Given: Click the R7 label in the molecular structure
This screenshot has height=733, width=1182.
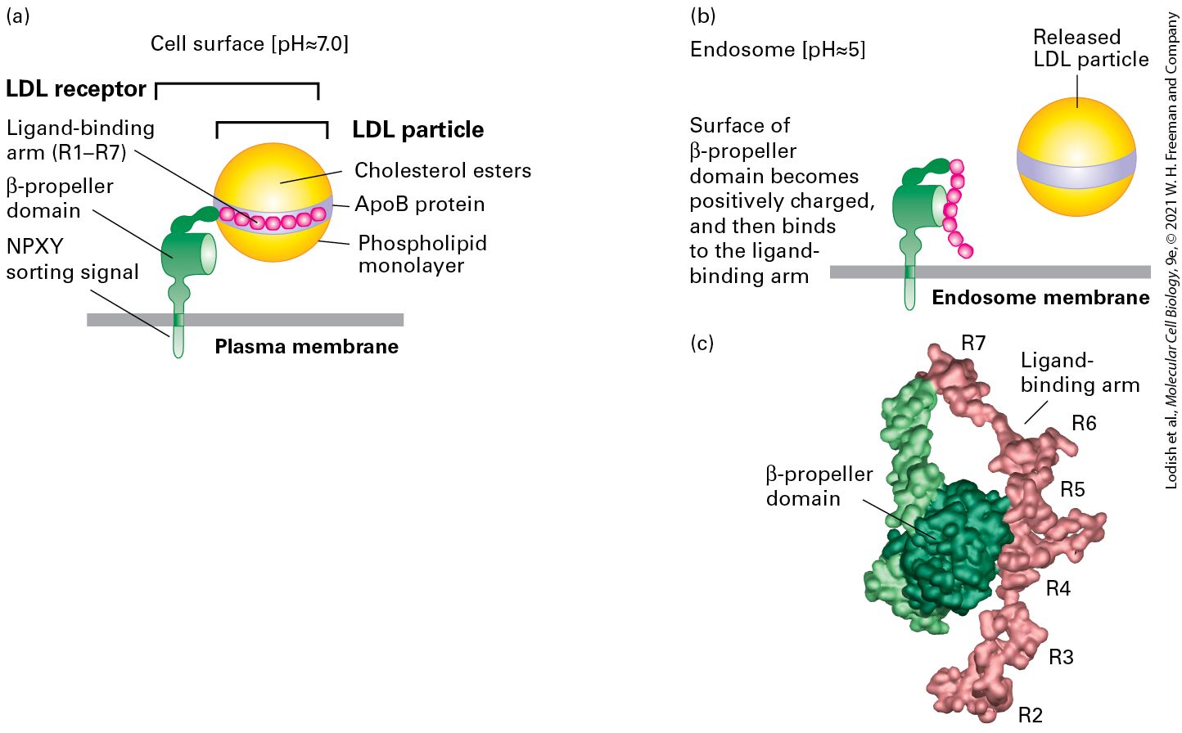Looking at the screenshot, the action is (973, 344).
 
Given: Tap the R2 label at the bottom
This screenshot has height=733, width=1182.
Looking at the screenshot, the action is (1030, 715).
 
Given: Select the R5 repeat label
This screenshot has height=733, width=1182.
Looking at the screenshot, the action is (1073, 489).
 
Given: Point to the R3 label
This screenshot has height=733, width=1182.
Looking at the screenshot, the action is (1061, 657).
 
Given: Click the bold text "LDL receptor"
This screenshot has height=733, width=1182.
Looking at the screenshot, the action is (76, 88).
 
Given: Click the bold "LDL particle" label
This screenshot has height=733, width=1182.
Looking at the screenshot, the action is (418, 130).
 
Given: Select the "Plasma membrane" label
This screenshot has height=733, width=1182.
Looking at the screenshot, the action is (307, 347).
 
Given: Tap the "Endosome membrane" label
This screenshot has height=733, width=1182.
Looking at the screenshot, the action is (1040, 298).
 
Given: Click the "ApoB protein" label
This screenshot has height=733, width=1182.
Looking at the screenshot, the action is (419, 204).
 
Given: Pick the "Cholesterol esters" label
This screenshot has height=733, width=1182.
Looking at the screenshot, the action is (443, 170).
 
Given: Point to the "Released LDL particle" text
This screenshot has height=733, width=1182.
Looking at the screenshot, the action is (1090, 48).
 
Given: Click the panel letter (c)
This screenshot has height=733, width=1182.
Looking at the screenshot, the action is (702, 344).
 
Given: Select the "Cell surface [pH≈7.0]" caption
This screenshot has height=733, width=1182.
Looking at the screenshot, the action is (250, 44).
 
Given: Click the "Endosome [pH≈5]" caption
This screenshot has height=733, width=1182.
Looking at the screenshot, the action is (778, 50).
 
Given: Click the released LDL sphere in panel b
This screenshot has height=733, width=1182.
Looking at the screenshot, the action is (1076, 157).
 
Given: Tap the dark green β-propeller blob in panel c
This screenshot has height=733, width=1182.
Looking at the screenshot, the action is (955, 547).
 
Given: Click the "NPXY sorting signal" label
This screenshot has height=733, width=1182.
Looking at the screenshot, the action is (72, 259).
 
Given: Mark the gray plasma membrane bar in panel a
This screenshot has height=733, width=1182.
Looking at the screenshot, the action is (246, 320).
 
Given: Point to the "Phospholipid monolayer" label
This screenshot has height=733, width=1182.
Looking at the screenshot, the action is (422, 254).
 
